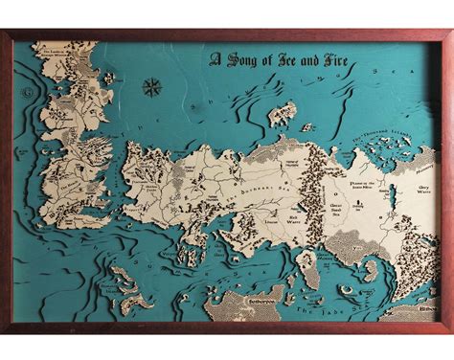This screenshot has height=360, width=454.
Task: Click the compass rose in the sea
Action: pos(151,88)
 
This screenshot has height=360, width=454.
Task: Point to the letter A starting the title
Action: pos(215,59)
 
